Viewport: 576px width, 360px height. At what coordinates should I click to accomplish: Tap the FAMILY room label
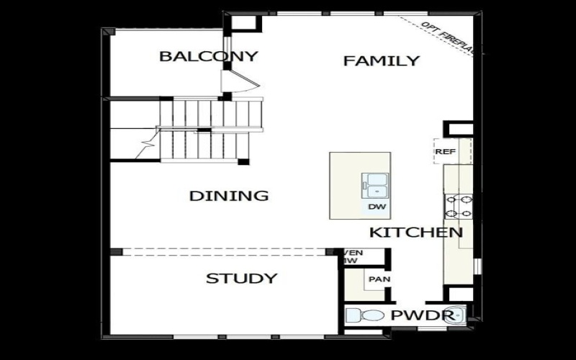[381, 60]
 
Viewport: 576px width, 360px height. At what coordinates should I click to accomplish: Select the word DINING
[229, 196]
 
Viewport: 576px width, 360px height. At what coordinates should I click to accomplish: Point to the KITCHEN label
[416, 233]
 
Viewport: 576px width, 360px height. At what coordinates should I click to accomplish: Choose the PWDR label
[422, 315]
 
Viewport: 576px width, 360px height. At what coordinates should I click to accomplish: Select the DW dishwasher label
[377, 207]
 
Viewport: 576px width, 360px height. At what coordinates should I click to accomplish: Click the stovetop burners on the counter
[459, 207]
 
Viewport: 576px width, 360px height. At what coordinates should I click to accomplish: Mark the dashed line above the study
[223, 252]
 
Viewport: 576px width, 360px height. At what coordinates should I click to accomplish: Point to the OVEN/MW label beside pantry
[353, 257]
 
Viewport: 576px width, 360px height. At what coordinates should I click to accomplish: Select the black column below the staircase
[243, 161]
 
